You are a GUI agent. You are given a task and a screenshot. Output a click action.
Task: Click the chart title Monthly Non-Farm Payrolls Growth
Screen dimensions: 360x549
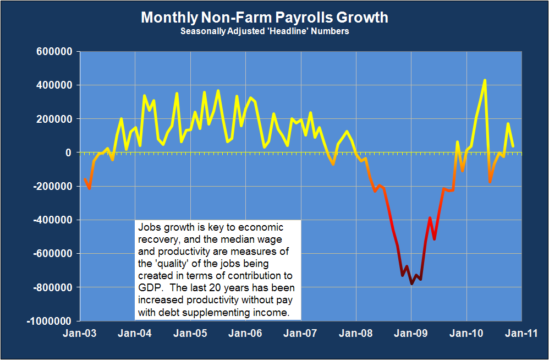click(x=265, y=18)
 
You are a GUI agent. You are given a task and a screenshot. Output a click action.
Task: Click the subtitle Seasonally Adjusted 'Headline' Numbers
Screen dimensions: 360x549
click(x=265, y=31)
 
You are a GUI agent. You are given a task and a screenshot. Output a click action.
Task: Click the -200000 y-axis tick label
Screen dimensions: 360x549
click(x=54, y=186)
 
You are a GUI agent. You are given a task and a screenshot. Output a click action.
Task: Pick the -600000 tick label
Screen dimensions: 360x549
click(x=54, y=254)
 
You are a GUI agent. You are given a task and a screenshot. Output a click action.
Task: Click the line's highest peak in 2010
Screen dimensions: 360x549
click(x=485, y=80)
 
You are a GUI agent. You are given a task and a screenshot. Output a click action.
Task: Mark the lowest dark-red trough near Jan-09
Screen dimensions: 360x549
click(x=411, y=284)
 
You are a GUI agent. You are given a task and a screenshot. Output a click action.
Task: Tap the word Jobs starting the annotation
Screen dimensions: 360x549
click(x=149, y=227)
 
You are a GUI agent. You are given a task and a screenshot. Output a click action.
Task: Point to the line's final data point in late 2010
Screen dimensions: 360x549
click(x=513, y=146)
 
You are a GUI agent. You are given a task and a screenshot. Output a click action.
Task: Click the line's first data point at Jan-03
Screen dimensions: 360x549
click(x=84, y=179)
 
